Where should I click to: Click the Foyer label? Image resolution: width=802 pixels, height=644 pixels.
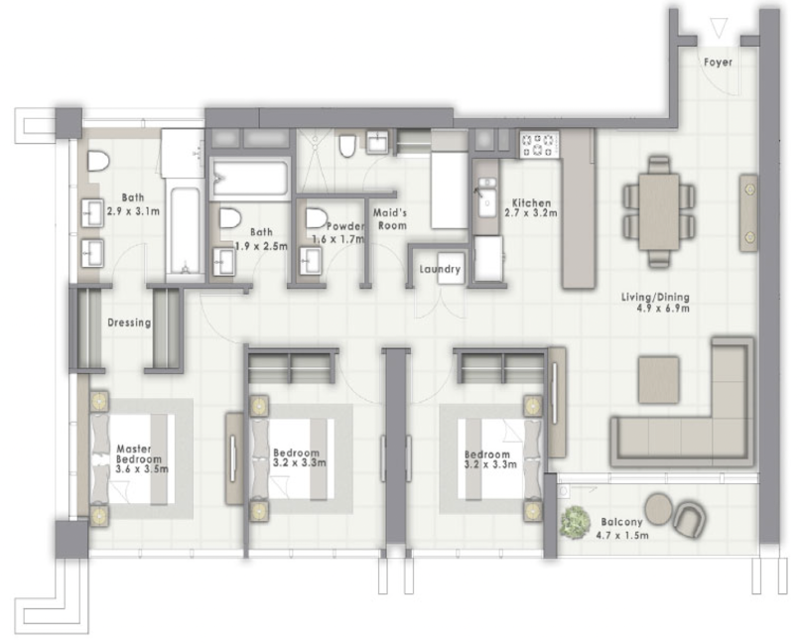click(718, 62)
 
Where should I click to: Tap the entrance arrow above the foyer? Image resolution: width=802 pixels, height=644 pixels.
click(720, 27)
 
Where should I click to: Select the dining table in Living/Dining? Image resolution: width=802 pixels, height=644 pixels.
click(658, 211)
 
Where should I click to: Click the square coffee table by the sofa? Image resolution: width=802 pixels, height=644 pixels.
click(658, 380)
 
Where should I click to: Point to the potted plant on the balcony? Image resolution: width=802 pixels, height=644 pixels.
click(574, 521)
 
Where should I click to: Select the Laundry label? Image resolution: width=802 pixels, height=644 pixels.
click(440, 269)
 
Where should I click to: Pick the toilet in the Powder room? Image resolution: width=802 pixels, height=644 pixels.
click(317, 217)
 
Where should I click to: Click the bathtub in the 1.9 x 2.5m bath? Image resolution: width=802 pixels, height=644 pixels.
click(249, 179)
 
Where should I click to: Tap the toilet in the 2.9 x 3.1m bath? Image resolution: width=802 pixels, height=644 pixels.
click(97, 161)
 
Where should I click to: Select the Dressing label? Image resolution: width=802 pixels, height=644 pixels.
click(129, 322)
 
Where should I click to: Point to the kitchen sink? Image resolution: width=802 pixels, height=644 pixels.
click(485, 198)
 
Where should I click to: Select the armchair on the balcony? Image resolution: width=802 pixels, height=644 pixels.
click(689, 517)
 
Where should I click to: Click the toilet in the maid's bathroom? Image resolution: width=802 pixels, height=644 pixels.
click(346, 148)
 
